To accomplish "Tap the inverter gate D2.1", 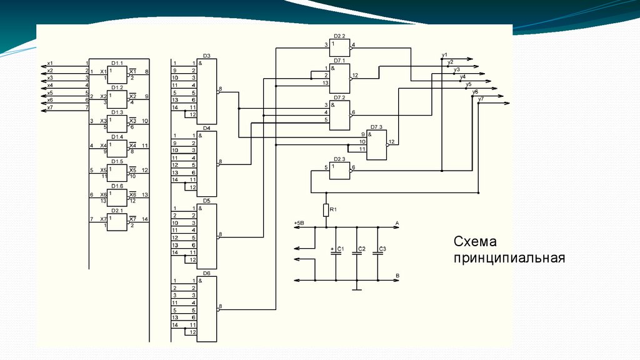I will pos(117,221).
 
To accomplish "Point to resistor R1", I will pos(326,210).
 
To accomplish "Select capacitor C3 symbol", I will pos(377,252).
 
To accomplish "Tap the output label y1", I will pos(444,55).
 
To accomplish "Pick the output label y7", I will pos(481,99).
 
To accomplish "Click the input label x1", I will pos(50,63).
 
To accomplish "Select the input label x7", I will pos(50,107).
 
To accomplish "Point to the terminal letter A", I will pos(397,222).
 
